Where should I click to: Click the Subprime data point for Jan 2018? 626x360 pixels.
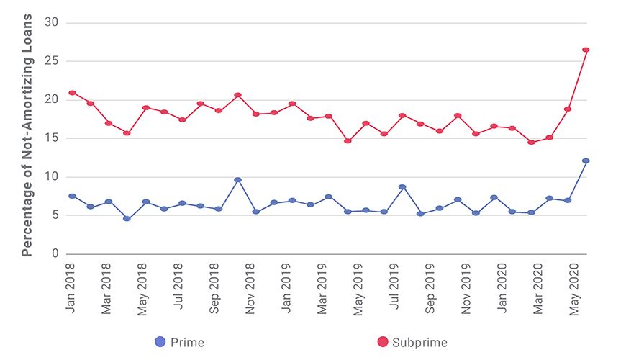tap(72, 93)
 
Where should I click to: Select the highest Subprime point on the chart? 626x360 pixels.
tap(586, 50)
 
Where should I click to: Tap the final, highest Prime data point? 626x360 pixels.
tap(586, 161)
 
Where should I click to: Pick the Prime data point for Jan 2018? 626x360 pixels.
tap(72, 196)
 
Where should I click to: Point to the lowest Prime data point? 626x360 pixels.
tap(127, 218)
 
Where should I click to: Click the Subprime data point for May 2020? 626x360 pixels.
tap(568, 109)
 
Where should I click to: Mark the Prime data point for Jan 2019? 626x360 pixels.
tap(292, 200)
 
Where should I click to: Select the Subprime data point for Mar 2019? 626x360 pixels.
tap(329, 116)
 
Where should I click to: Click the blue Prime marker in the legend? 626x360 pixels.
tap(160, 342)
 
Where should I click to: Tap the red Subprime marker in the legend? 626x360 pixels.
tap(382, 342)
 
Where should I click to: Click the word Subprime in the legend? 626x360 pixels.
tap(419, 343)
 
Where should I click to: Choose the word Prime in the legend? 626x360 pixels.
tap(187, 343)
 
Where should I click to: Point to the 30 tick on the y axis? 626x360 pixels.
tap(51, 23)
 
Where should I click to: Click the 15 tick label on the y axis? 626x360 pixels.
tap(51, 138)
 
